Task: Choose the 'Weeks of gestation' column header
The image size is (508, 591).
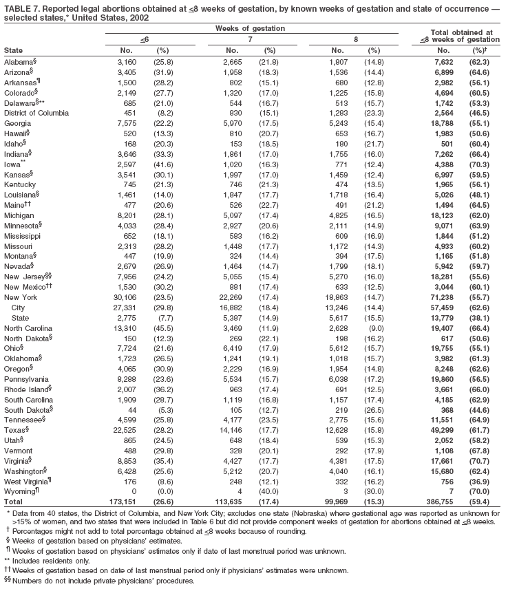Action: (250, 28)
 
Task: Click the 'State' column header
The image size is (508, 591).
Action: (13, 51)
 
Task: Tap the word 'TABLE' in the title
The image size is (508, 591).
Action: (19, 6)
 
